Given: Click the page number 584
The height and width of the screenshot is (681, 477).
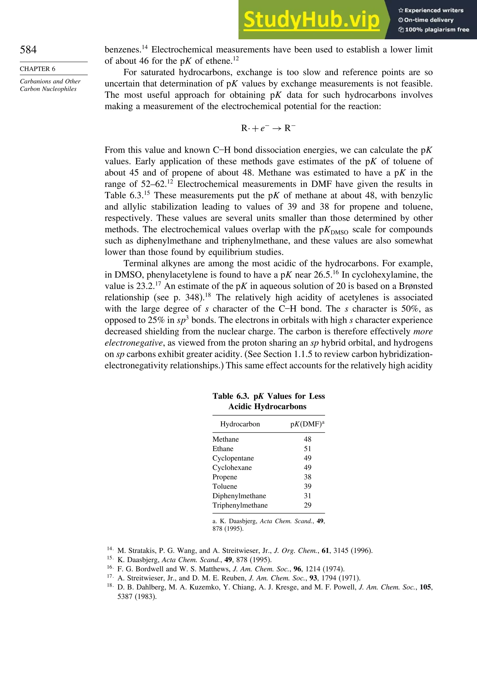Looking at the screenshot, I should [28, 50].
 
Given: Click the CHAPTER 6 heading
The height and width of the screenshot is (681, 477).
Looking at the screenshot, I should [37, 69].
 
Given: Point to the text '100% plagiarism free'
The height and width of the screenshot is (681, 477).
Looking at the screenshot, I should [437, 30].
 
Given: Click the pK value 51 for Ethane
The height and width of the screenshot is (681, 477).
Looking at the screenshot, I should [307, 449].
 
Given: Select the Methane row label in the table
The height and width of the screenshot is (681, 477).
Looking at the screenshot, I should [225, 439].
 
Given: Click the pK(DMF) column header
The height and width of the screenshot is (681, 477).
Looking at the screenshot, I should [307, 424].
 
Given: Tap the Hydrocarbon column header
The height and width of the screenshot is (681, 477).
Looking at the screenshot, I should [240, 424].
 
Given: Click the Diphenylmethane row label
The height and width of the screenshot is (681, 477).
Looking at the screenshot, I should [239, 496].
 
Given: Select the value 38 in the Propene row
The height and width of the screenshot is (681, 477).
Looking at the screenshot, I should [307, 477].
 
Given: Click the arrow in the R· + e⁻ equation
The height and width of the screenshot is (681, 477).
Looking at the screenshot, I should [277, 128].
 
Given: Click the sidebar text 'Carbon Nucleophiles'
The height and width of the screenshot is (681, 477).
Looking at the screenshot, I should [48, 89].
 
